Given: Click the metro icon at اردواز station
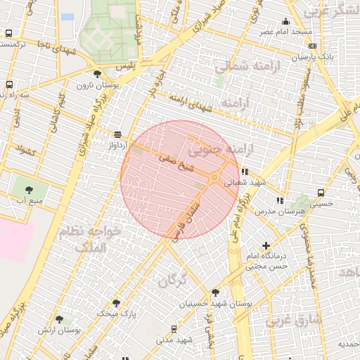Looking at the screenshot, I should click(117, 134).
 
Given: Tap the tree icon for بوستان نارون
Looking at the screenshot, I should click(96, 73).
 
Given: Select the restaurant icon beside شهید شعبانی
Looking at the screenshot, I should click(244, 171).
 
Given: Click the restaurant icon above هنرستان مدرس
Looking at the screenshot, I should click(280, 200).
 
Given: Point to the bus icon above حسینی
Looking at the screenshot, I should click(321, 193).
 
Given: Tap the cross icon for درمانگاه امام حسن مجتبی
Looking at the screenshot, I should click(266, 245).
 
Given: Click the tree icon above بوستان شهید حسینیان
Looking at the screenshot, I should click(215, 292).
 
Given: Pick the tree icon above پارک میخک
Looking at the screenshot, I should click(117, 303).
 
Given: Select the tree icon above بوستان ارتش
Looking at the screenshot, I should click(59, 319).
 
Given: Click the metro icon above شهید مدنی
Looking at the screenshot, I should click(174, 328).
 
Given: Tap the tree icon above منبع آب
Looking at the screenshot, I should click(29, 189).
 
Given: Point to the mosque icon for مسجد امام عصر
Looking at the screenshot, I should click(285, 22).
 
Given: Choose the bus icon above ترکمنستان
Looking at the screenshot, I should click(8, 33).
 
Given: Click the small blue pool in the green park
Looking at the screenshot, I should click(67, 16).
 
